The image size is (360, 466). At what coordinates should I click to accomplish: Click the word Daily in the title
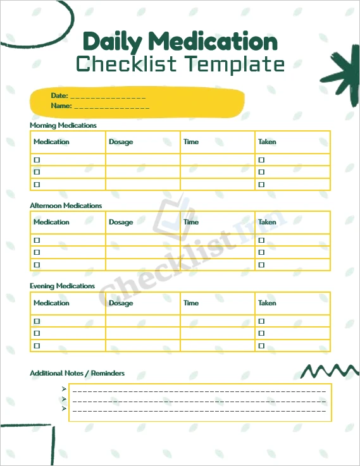click(x=116, y=42)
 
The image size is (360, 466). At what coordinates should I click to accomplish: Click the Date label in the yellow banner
click(x=59, y=95)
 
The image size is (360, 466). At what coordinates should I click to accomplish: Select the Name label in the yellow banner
click(x=61, y=106)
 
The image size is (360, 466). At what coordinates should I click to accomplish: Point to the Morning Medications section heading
click(x=63, y=125)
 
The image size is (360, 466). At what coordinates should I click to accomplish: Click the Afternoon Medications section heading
click(x=66, y=205)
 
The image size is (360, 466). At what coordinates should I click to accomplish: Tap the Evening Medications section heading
click(x=62, y=286)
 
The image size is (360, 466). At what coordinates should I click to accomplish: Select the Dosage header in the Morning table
click(x=121, y=142)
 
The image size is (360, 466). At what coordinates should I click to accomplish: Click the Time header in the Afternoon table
click(x=191, y=222)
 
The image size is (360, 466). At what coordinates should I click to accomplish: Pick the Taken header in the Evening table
click(x=267, y=303)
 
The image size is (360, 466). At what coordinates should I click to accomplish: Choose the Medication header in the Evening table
click(x=51, y=303)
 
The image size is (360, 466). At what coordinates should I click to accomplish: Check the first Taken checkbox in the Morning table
click(x=261, y=160)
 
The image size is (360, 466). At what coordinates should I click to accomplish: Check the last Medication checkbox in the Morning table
click(x=37, y=185)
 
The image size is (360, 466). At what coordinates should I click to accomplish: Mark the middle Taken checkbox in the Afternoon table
click(x=261, y=252)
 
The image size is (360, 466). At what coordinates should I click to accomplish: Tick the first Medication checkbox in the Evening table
click(x=37, y=321)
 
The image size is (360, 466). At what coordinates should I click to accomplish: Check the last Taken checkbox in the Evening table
click(x=261, y=346)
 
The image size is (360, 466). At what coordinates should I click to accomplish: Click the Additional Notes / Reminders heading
click(x=77, y=373)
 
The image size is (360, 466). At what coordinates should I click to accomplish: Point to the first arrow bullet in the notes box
click(x=64, y=389)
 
